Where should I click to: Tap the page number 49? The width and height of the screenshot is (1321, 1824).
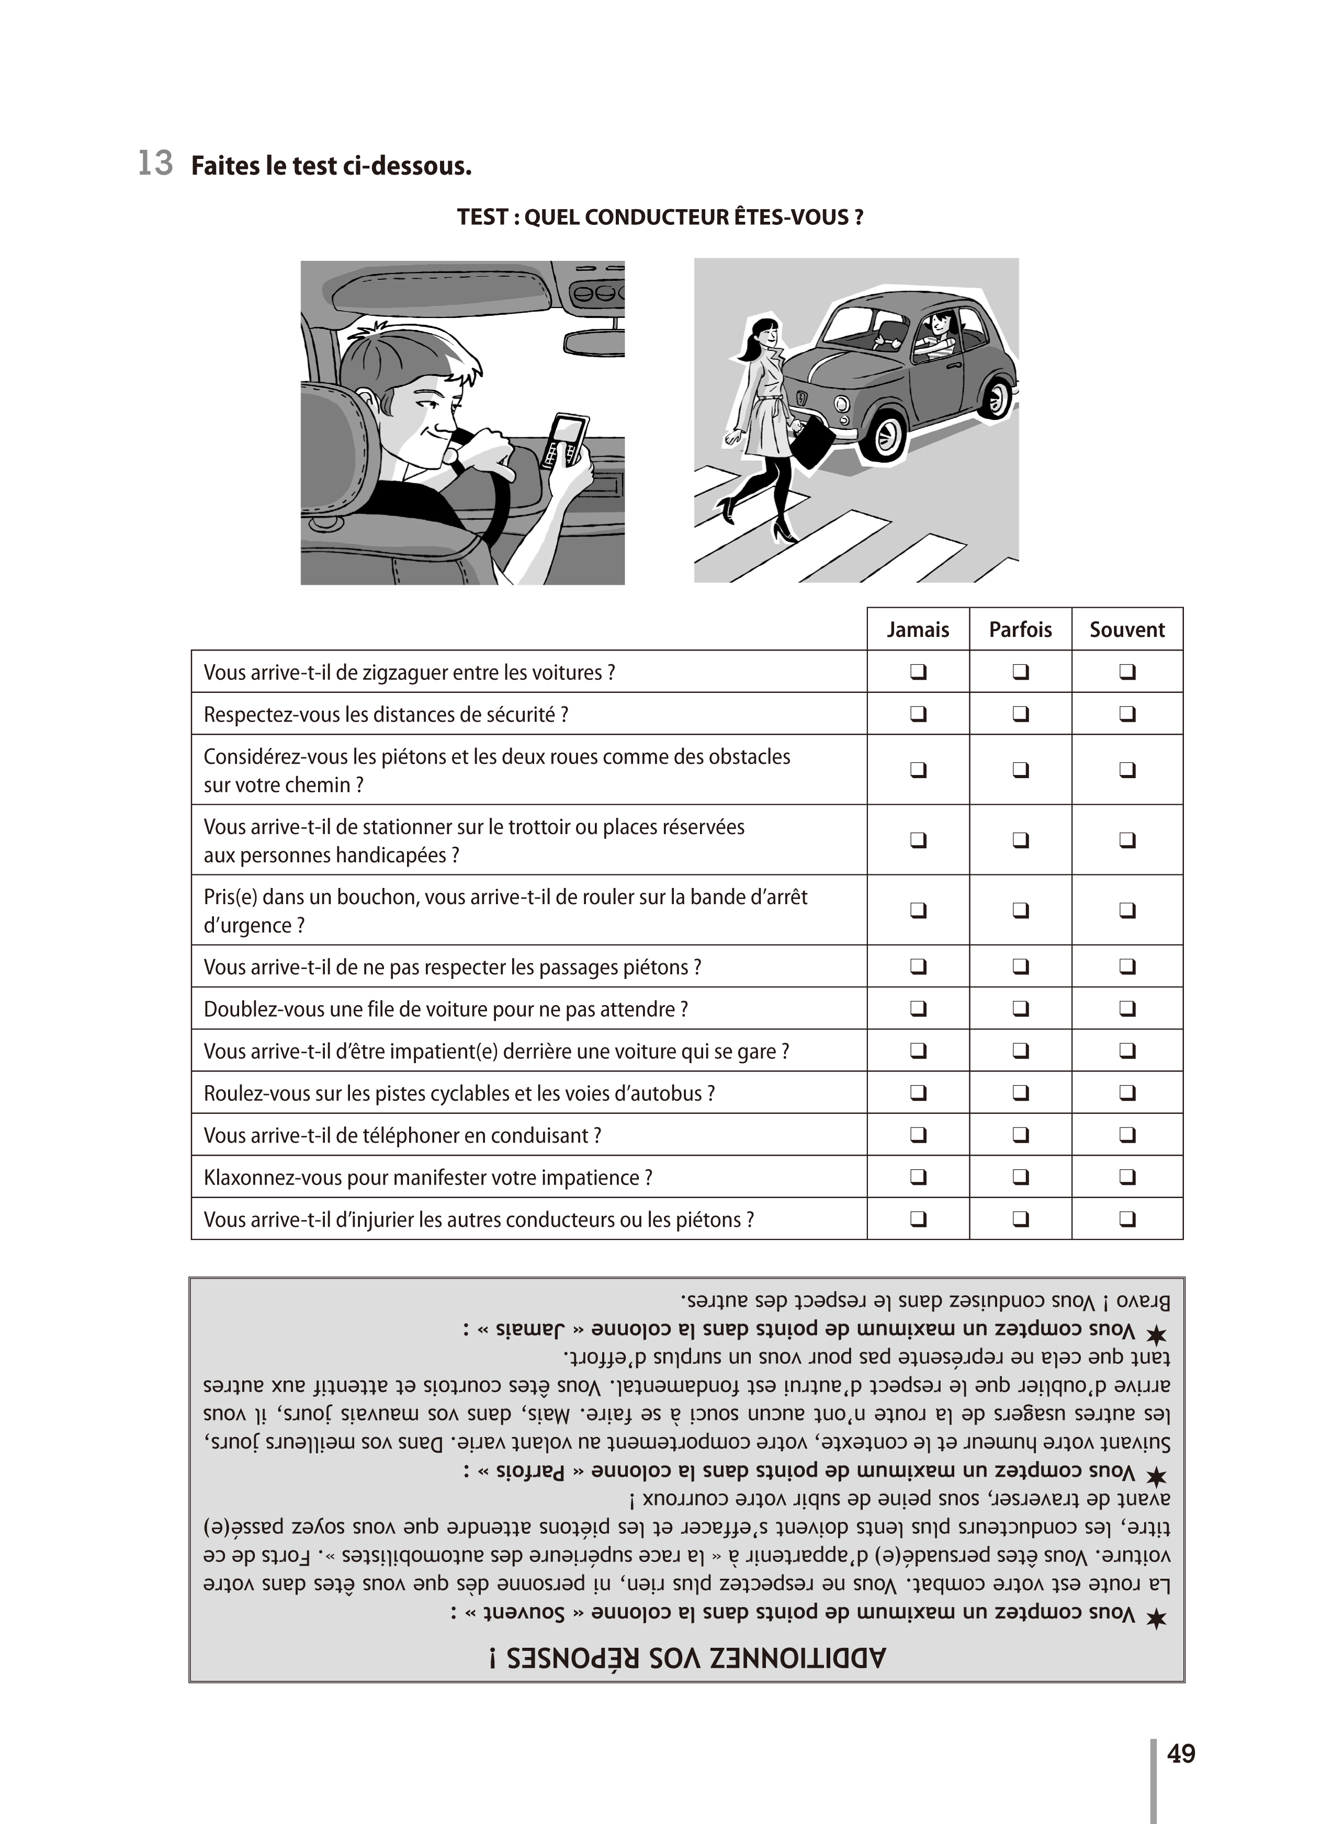click(x=1180, y=1754)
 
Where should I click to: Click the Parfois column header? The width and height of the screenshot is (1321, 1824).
click(x=1020, y=630)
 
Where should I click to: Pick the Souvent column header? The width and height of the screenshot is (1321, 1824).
click(x=1126, y=630)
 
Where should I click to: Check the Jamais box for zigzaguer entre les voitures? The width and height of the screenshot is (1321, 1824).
click(x=918, y=671)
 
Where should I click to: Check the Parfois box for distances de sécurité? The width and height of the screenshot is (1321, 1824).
click(x=1020, y=713)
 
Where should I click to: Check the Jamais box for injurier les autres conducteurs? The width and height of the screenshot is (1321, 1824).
click(x=918, y=1219)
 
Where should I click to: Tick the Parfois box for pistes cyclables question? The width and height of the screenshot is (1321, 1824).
click(x=1020, y=1093)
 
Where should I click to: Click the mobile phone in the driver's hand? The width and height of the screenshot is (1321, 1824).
click(x=566, y=441)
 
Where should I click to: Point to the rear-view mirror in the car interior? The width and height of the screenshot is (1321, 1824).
click(x=593, y=341)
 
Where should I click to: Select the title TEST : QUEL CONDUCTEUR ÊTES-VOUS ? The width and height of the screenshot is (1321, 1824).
click(x=660, y=217)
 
